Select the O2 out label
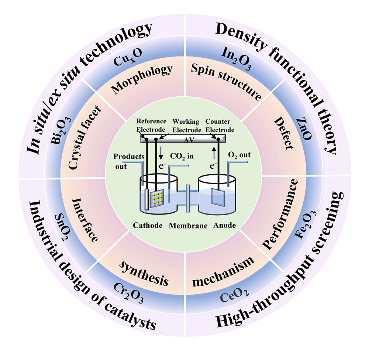coord(240,155)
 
